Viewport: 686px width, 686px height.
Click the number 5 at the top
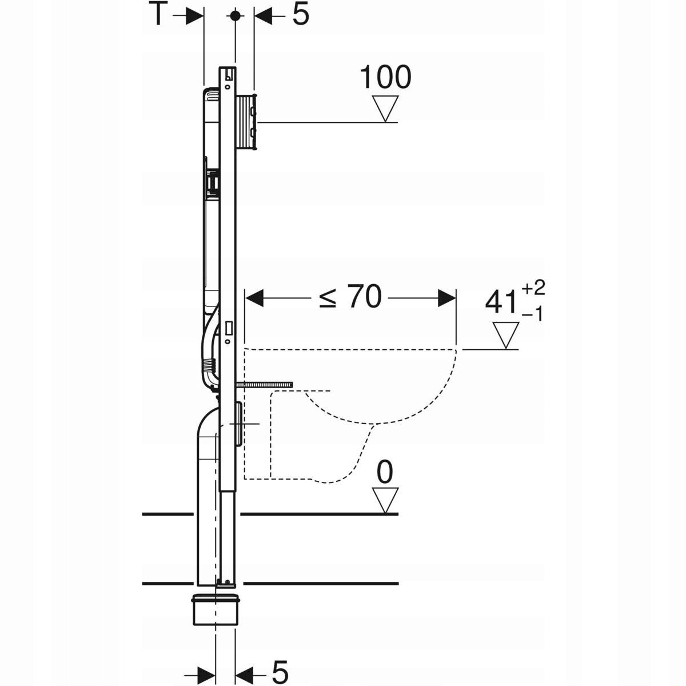coord(301,15)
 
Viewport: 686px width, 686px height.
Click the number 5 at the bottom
coord(280,671)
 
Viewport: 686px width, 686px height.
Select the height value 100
coord(385,78)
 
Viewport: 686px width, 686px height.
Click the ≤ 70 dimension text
coord(350,297)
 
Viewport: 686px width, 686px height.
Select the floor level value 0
coord(386,473)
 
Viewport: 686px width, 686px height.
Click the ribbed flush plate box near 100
coord(248,122)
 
